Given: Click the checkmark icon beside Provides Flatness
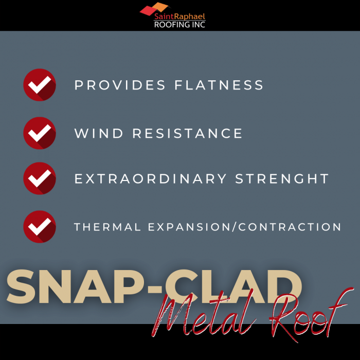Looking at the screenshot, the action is point(40,85).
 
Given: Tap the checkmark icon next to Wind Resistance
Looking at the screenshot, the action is point(40,133).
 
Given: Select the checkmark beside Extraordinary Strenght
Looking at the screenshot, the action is point(40,178).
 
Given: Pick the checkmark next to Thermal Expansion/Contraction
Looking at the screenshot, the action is point(40,227).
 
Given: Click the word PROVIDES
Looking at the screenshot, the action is point(120,85).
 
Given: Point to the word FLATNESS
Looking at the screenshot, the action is point(219,85).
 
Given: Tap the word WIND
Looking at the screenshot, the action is point(99,133).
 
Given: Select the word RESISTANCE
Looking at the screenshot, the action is point(187,133).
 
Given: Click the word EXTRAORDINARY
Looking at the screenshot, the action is point(150,178).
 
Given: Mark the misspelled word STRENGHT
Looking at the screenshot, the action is point(282,178).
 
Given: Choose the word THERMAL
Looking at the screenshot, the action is point(107,227).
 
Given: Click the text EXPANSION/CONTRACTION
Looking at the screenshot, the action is point(244,227).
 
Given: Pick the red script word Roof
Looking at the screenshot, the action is point(311,315).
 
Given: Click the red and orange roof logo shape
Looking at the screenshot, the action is point(154,8).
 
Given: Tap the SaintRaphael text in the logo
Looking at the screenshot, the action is point(179,16).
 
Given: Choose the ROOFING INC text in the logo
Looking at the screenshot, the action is point(179,25).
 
